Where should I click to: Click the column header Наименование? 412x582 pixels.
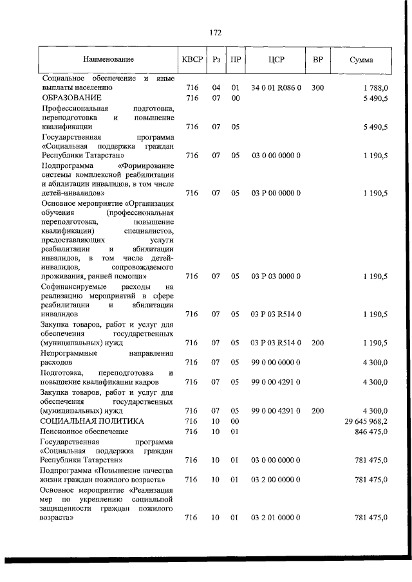coord(108,60)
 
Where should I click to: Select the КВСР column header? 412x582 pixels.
coord(192,60)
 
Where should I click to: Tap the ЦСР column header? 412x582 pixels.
coord(276,60)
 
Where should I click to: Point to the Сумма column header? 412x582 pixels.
coord(361,60)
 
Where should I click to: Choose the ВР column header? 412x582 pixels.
coord(317,60)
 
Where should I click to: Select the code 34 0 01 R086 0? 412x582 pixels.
coord(276,88)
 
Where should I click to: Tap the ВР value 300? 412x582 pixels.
coord(317,88)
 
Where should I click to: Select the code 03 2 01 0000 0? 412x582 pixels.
coord(276,518)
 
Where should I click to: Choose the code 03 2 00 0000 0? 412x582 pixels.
coord(276,479)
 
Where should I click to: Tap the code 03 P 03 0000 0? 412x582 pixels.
coord(276,277)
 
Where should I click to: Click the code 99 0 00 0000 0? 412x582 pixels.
coord(276,363)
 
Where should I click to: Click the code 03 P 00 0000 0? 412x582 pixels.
coord(276,192)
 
